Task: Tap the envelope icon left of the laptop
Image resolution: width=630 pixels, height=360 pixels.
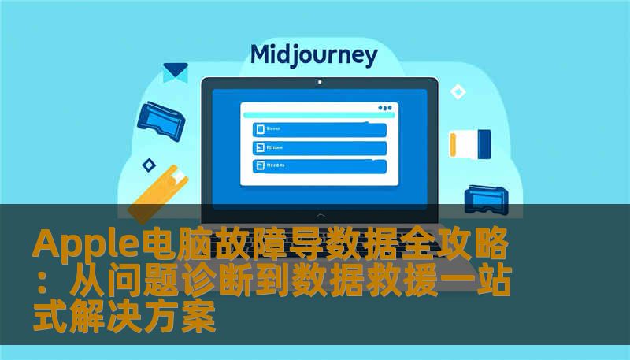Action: coord(175,73)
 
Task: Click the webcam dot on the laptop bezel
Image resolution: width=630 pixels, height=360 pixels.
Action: coord(319,82)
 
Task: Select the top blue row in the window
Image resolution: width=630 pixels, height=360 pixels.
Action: coord(319,129)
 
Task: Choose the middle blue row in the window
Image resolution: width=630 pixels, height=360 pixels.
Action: coord(319,147)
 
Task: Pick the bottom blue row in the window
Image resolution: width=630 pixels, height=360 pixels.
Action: coord(319,165)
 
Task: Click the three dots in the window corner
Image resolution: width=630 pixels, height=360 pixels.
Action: coord(385,108)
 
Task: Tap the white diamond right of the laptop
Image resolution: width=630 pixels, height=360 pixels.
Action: coord(458,92)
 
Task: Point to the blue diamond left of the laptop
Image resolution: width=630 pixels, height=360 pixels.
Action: coord(148,165)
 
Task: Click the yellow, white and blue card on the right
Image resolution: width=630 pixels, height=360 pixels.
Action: coord(469,143)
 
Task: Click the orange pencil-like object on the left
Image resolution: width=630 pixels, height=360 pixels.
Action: coord(157,189)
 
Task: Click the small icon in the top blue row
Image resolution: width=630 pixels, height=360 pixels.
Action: coord(258,129)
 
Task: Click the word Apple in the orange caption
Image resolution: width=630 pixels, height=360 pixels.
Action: coord(84,246)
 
